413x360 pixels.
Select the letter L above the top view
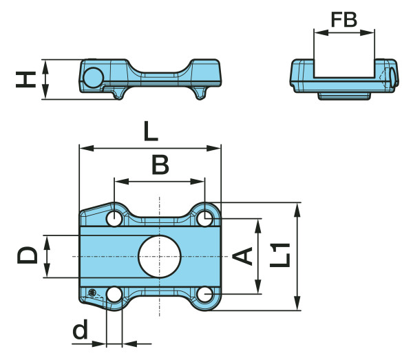[x=150, y=131]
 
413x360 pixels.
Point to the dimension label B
[x=160, y=165]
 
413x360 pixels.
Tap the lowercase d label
[x=81, y=331]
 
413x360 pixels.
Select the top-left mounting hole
[x=114, y=219]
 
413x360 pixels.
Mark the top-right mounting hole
[x=204, y=219]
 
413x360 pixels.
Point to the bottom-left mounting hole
[x=114, y=295]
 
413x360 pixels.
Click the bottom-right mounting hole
[x=204, y=295]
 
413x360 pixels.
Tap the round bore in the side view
[x=92, y=77]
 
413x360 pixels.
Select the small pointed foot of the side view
[x=200, y=95]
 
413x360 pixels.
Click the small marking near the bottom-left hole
[x=92, y=292]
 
